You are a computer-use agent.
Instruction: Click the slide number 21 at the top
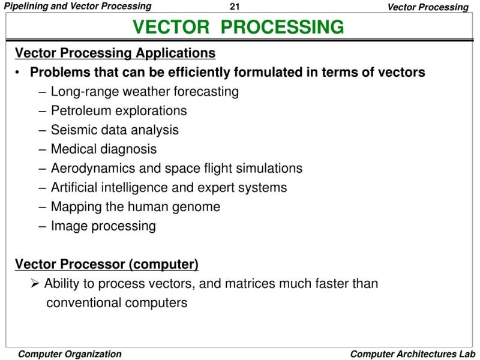(x=235, y=7)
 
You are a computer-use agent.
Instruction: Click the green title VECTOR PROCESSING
(x=238, y=27)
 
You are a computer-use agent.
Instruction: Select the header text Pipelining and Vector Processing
(x=77, y=6)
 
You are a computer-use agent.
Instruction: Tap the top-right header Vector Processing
(x=427, y=7)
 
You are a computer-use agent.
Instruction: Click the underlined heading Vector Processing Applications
(x=115, y=53)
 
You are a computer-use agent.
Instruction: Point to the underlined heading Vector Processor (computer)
(x=106, y=264)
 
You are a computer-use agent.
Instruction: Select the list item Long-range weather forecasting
(x=145, y=92)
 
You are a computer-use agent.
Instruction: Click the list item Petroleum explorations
(x=119, y=111)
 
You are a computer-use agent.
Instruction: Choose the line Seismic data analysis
(x=115, y=130)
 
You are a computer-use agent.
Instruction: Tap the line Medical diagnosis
(x=104, y=149)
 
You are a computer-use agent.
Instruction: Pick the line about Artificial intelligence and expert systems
(x=169, y=188)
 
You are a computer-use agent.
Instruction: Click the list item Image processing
(x=103, y=226)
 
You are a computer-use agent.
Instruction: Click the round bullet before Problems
(x=19, y=73)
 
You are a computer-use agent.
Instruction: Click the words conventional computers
(x=116, y=302)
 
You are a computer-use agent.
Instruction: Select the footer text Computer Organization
(x=70, y=354)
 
